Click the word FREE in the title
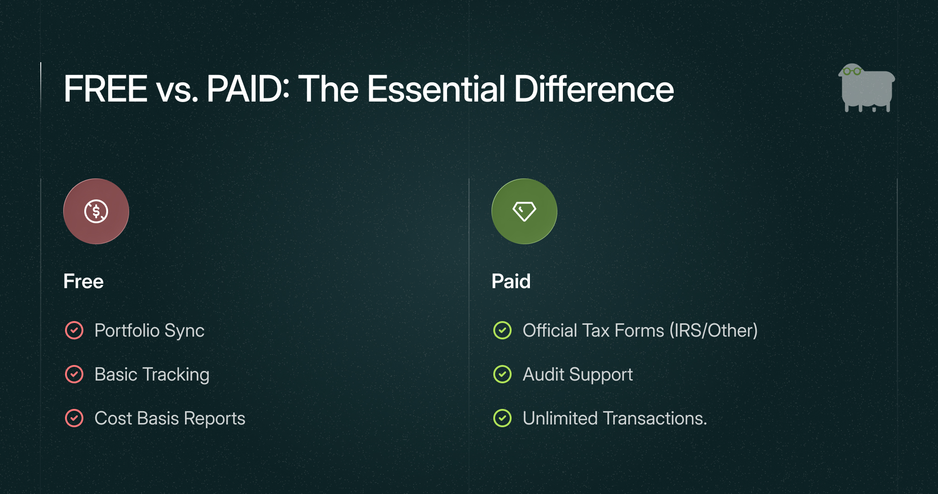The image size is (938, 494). (105, 89)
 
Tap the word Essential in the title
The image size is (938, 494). (436, 89)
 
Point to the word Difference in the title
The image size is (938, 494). (594, 89)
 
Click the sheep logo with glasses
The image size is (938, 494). (867, 88)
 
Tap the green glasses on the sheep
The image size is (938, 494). (852, 71)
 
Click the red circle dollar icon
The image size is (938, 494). (96, 211)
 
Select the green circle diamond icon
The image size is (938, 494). (524, 211)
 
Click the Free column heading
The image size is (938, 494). (83, 281)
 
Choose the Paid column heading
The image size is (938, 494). (511, 281)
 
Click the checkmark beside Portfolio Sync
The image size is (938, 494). (74, 330)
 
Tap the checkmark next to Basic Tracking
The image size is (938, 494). (74, 374)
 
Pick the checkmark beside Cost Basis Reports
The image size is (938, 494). (74, 418)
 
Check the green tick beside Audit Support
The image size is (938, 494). (502, 374)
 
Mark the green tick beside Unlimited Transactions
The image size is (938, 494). (502, 418)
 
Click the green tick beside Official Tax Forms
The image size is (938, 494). (502, 330)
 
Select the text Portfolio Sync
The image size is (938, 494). (149, 331)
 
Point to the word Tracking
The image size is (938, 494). (176, 375)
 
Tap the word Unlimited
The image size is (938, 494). (560, 418)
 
